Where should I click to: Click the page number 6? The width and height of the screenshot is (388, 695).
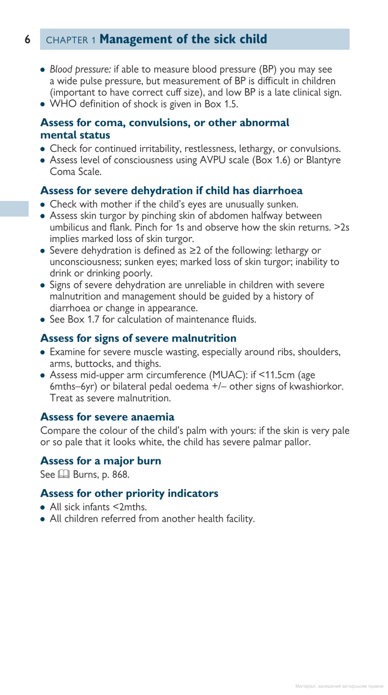coord(27,39)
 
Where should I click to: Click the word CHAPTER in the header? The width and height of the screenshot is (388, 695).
coord(67,40)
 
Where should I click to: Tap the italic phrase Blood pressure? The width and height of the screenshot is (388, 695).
coord(80,69)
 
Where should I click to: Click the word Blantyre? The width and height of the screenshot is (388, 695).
coord(323,160)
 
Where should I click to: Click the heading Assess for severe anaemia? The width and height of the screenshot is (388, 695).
coord(107,417)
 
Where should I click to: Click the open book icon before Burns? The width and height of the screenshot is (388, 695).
coord(64,474)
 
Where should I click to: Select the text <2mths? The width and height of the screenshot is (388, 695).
coord(129,507)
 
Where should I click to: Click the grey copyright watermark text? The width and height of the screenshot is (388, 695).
coord(339,686)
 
